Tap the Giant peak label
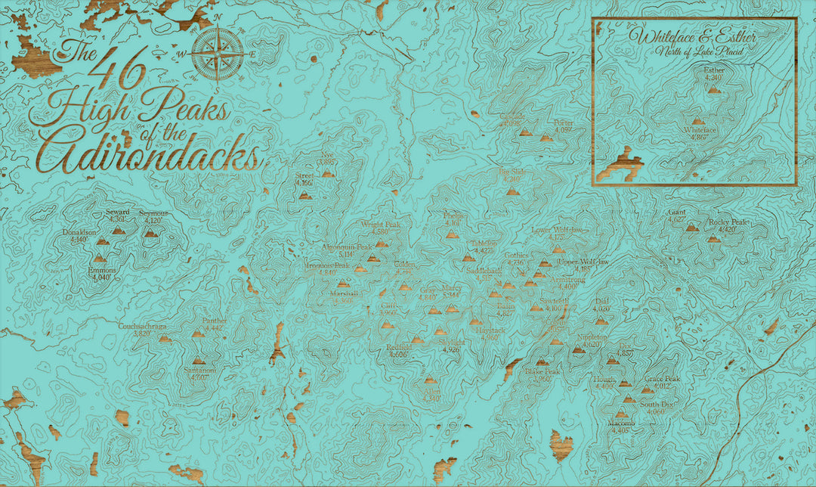(x=677, y=212)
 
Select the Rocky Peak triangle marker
(x=713, y=238)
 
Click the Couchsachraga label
(x=142, y=326)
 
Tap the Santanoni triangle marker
(x=199, y=361)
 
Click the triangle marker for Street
(x=304, y=195)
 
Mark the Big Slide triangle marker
(x=512, y=191)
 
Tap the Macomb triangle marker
(x=622, y=414)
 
